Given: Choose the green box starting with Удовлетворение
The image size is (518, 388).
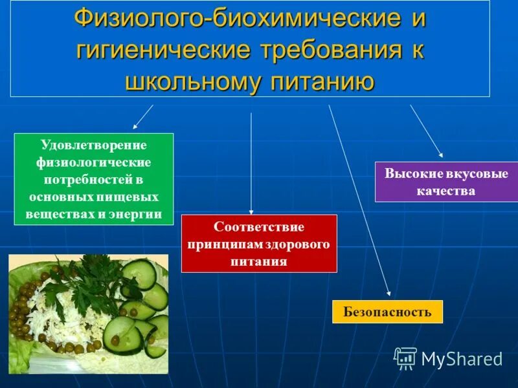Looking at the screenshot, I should (94, 178).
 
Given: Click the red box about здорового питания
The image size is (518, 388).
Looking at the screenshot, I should (259, 243).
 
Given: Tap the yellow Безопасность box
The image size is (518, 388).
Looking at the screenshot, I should (387, 312).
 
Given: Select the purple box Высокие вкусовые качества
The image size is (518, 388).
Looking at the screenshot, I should (446, 182).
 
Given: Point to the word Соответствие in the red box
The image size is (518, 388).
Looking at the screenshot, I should (259, 228).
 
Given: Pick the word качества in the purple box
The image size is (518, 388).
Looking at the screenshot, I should (446, 191).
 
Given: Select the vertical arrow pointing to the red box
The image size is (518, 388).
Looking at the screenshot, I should (251, 162).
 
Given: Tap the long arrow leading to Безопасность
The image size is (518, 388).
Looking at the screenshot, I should (359, 200).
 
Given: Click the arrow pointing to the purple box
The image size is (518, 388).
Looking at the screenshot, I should (427, 131).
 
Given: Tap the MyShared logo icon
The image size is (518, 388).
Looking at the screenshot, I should (405, 358).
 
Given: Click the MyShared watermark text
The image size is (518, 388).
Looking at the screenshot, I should (462, 359).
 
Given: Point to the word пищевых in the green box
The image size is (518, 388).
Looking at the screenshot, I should (133, 196).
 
